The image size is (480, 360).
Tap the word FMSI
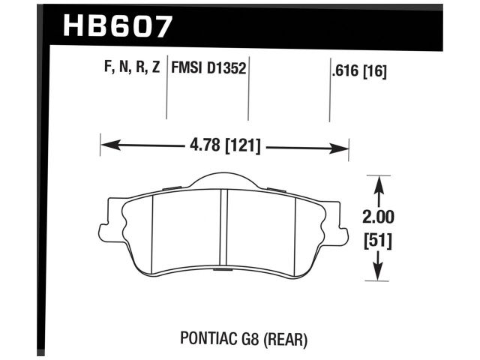tap(189, 70)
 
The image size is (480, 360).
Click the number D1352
tap(228, 70)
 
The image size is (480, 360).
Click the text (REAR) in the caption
tap(286, 338)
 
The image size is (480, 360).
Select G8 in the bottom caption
tap(247, 338)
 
